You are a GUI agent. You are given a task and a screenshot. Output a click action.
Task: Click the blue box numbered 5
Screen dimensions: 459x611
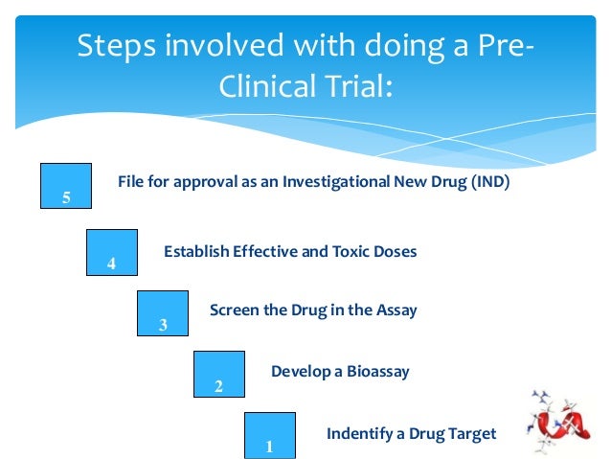click(66, 185)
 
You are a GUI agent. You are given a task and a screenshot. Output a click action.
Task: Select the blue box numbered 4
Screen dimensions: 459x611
click(111, 252)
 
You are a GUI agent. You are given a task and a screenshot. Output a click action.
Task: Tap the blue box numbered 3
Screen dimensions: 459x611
click(163, 313)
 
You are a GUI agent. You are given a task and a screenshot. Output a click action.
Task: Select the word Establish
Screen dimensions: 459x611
click(196, 252)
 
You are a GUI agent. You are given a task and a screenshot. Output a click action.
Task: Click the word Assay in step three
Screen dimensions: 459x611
click(396, 310)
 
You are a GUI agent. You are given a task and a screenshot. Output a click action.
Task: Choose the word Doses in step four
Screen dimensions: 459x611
click(396, 252)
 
